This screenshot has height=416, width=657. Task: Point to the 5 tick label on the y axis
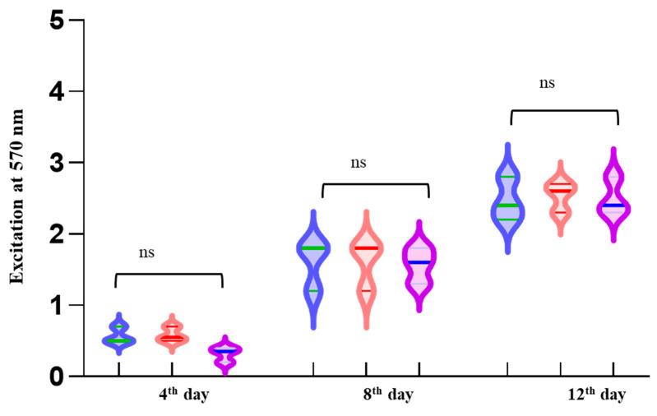(56, 20)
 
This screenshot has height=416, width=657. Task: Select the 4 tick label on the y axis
(56, 91)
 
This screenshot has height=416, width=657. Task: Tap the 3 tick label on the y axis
(56, 163)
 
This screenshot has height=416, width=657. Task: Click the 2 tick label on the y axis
(56, 234)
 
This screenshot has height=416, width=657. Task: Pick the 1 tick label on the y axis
(56, 305)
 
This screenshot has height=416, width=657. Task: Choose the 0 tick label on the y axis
(56, 377)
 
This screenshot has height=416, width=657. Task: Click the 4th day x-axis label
(184, 394)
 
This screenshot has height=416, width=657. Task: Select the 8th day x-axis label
(388, 394)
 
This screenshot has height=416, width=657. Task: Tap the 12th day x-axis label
(595, 394)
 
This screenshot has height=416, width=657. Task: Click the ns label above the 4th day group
(147, 252)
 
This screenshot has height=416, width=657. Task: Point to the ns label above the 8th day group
(358, 163)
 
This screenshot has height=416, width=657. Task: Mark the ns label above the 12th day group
(547, 83)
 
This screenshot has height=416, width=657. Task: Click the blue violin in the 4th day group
(119, 335)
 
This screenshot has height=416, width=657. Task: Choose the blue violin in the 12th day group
(507, 201)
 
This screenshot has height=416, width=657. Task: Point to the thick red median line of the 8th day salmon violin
(366, 248)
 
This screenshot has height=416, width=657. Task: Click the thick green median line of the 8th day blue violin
(313, 248)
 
